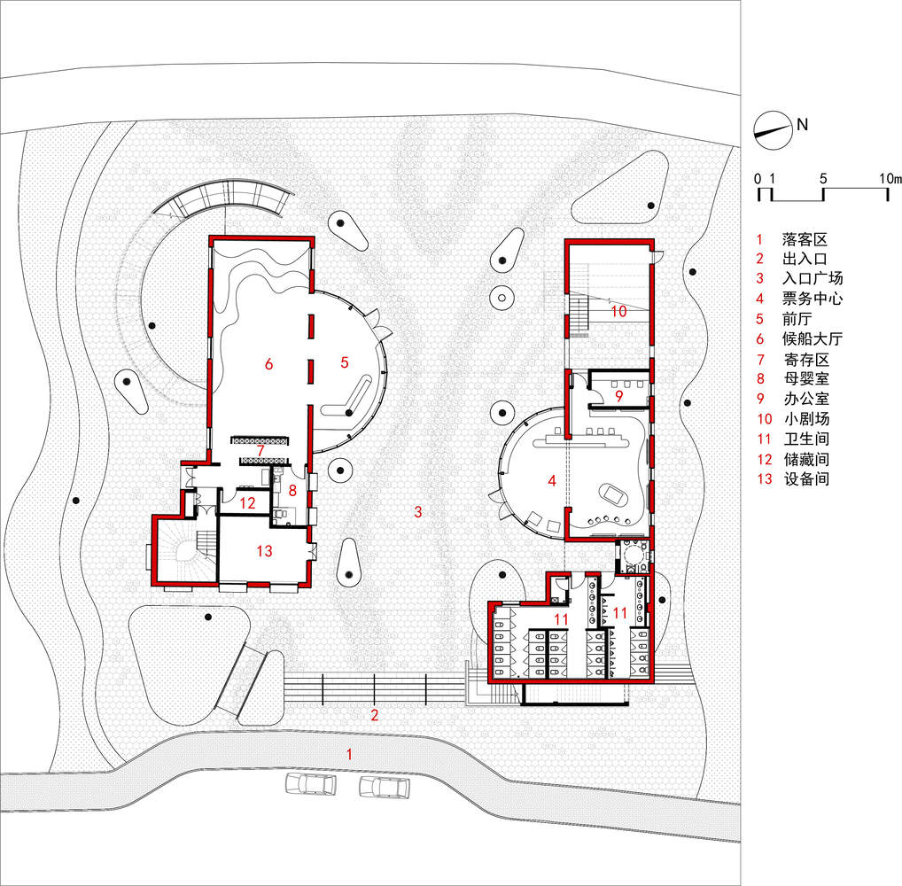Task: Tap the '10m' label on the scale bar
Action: pos(890,179)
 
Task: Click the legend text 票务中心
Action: pos(813,299)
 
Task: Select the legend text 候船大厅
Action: pos(813,338)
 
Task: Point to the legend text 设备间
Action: pos(806,478)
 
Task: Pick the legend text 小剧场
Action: pos(806,419)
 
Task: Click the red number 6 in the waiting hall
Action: pos(268,363)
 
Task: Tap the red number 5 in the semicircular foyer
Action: pos(345,361)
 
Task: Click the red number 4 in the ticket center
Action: pos(552,480)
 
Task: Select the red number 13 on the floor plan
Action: pos(265,551)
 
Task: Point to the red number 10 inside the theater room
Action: pos(619,311)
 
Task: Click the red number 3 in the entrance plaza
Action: pos(418,511)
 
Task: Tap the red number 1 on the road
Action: pos(349,754)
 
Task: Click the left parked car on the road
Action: pos(311,785)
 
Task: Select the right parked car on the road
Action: pos(385,787)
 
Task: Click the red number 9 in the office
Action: pos(619,396)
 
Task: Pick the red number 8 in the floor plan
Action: pos(292,490)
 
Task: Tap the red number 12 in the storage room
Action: pos(248,503)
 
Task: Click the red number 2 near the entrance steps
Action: pos(375,715)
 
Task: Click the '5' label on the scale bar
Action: pos(823,179)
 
